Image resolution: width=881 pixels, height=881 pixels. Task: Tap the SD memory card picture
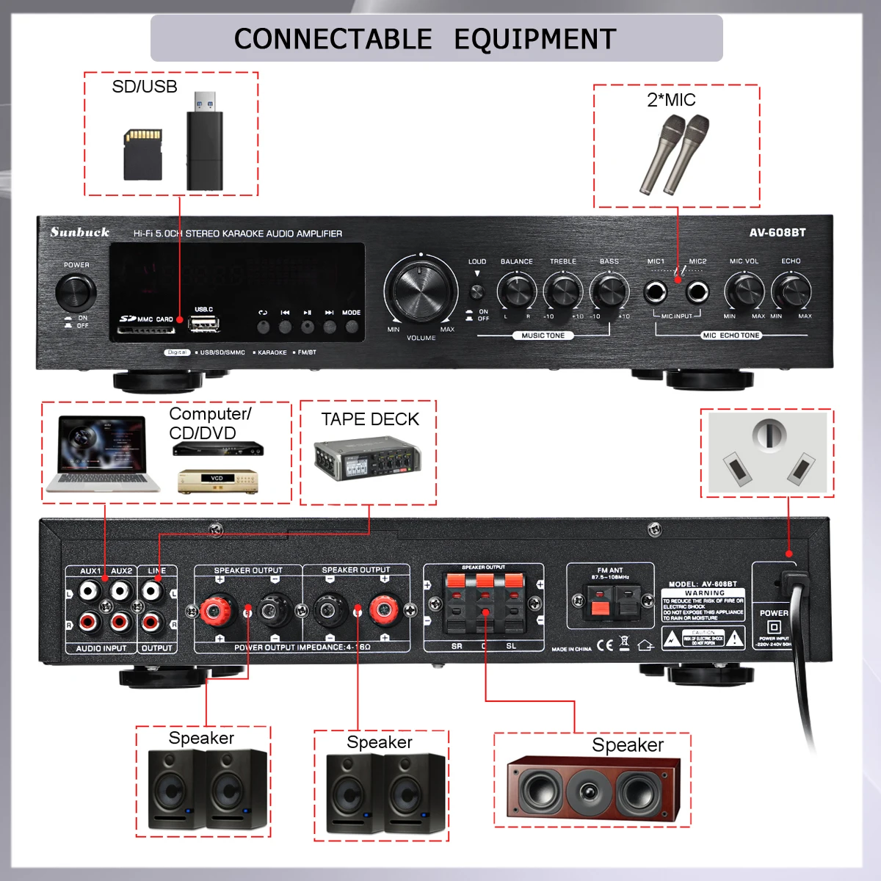click(x=142, y=155)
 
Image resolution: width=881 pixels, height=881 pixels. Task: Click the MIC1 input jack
click(x=656, y=291)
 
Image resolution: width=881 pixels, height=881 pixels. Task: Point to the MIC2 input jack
click(x=697, y=291)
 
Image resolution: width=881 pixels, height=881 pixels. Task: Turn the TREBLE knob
click(x=563, y=291)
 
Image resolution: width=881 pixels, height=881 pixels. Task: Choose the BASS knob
click(x=609, y=291)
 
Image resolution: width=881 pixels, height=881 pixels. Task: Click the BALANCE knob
click(x=517, y=291)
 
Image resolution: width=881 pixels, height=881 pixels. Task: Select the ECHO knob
click(x=791, y=291)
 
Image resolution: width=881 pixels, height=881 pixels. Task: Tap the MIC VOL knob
click(x=744, y=291)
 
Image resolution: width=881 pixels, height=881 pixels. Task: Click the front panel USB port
click(x=203, y=323)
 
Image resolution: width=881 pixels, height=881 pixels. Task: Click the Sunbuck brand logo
click(x=80, y=233)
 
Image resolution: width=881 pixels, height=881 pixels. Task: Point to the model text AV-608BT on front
click(x=777, y=233)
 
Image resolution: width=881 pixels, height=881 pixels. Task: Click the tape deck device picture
click(x=367, y=459)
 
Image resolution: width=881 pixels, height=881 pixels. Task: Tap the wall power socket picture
click(x=767, y=453)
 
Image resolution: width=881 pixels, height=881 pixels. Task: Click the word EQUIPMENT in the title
click(x=534, y=39)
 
